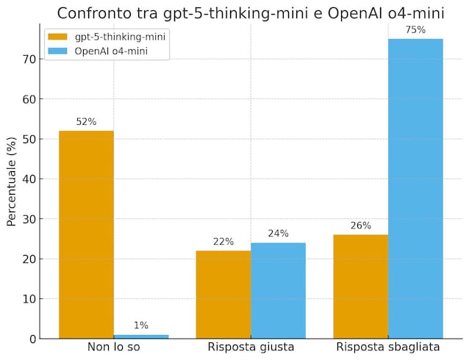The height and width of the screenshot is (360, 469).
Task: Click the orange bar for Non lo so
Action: click(x=86, y=234)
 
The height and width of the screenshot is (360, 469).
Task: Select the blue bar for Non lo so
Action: click(x=141, y=336)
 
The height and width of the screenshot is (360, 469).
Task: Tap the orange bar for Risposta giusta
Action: click(x=223, y=294)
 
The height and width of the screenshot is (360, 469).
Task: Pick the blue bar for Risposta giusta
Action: click(x=278, y=290)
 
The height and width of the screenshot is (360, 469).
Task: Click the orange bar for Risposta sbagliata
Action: click(x=360, y=287)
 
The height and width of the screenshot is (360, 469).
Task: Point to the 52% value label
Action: click(x=86, y=122)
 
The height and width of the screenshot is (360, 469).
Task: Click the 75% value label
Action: click(x=415, y=30)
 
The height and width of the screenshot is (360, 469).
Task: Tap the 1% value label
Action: click(x=141, y=325)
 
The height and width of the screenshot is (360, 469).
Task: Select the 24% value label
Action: click(x=278, y=234)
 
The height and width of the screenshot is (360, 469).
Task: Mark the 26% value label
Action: click(x=360, y=226)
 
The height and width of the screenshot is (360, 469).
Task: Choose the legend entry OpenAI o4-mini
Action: click(x=115, y=51)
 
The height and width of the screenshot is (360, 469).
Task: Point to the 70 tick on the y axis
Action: click(x=30, y=59)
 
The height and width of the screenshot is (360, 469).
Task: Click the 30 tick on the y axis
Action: click(x=30, y=219)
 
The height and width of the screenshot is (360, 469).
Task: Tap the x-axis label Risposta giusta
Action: click(x=251, y=347)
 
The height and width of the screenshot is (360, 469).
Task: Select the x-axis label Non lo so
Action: click(x=113, y=347)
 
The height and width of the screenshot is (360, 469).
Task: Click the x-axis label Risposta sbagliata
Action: click(x=388, y=347)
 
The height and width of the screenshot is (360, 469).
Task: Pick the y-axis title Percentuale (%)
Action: click(x=12, y=181)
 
